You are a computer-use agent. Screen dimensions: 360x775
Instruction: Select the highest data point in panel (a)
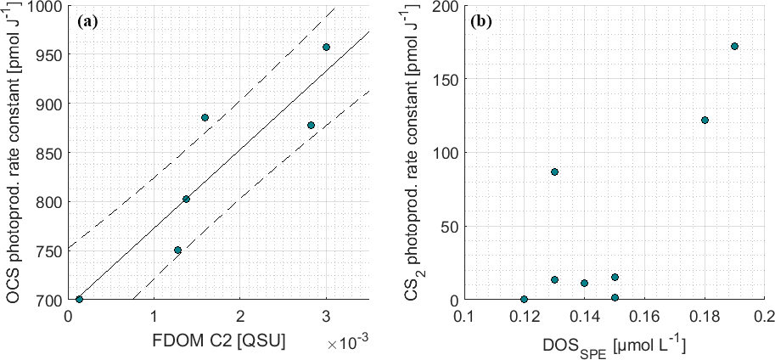[x=326, y=47]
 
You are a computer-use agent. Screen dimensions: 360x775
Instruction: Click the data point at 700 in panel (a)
[x=79, y=299]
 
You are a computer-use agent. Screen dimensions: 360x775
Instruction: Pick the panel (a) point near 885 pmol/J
[x=205, y=117]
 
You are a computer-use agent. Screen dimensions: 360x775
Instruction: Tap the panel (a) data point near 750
[x=177, y=250]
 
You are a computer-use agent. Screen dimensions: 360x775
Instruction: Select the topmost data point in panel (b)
[x=734, y=46]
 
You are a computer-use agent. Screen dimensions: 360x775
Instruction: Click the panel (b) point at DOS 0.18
[x=705, y=120]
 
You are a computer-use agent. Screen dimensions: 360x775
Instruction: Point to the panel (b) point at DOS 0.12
[x=524, y=299]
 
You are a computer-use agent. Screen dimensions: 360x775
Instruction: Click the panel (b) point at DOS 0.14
[x=584, y=283]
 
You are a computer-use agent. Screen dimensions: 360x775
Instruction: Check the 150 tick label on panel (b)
[x=441, y=80]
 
